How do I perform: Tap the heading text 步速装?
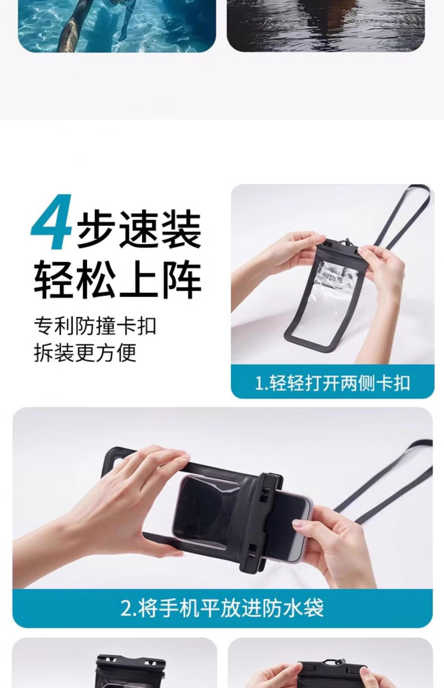click(139, 229)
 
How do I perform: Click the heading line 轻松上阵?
click(118, 279)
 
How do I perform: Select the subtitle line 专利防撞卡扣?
click(95, 326)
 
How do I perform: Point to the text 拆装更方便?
click(85, 352)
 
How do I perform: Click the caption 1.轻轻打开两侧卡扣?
click(333, 383)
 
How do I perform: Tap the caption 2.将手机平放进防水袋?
click(222, 608)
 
